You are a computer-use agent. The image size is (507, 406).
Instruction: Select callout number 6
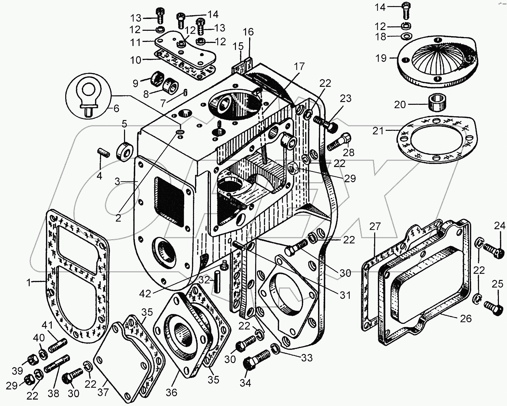(x=116, y=109)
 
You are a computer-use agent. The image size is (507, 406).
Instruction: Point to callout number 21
(x=378, y=131)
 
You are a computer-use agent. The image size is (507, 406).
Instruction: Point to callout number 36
(x=171, y=392)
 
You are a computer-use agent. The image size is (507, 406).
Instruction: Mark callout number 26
(x=466, y=319)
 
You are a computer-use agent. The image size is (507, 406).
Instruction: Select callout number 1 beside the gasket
(x=29, y=283)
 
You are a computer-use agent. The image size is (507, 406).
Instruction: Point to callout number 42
(x=145, y=294)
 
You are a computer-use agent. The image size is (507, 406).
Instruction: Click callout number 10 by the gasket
(x=135, y=60)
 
